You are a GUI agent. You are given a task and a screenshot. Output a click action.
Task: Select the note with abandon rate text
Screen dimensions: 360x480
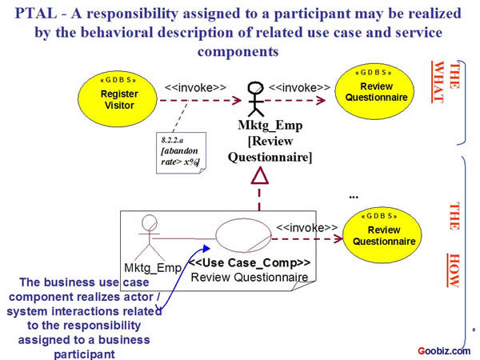(180, 151)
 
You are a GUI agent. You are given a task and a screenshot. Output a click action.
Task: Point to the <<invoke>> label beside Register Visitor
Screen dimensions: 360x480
(195, 86)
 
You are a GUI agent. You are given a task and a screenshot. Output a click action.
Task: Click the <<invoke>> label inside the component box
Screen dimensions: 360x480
(306, 227)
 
